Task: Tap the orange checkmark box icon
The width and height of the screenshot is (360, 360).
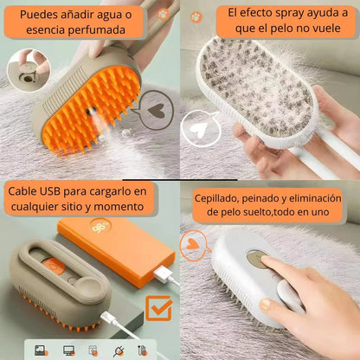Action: click(157, 308)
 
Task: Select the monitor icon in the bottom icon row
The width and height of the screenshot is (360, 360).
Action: click(68, 350)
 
